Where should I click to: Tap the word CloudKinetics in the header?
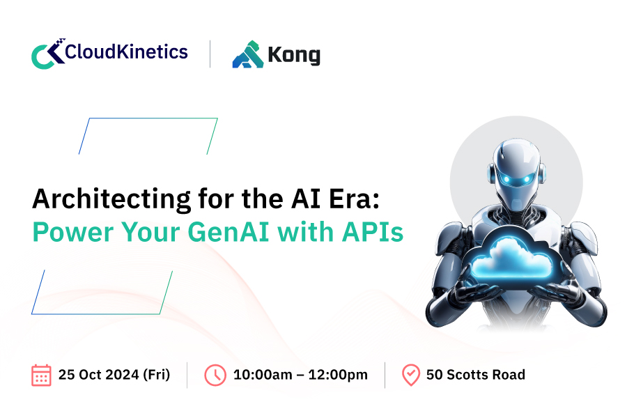126,52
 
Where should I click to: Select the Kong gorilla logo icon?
248,54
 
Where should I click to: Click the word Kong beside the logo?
294,55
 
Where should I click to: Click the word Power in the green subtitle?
72,233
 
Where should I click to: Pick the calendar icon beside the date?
41,376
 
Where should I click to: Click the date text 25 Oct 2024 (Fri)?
114,375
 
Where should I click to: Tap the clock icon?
215,376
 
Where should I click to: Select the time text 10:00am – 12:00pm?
300,375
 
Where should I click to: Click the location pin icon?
410,376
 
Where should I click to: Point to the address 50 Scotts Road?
475,375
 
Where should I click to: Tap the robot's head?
516,171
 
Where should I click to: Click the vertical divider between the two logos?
210,54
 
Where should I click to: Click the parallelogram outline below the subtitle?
96,314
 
